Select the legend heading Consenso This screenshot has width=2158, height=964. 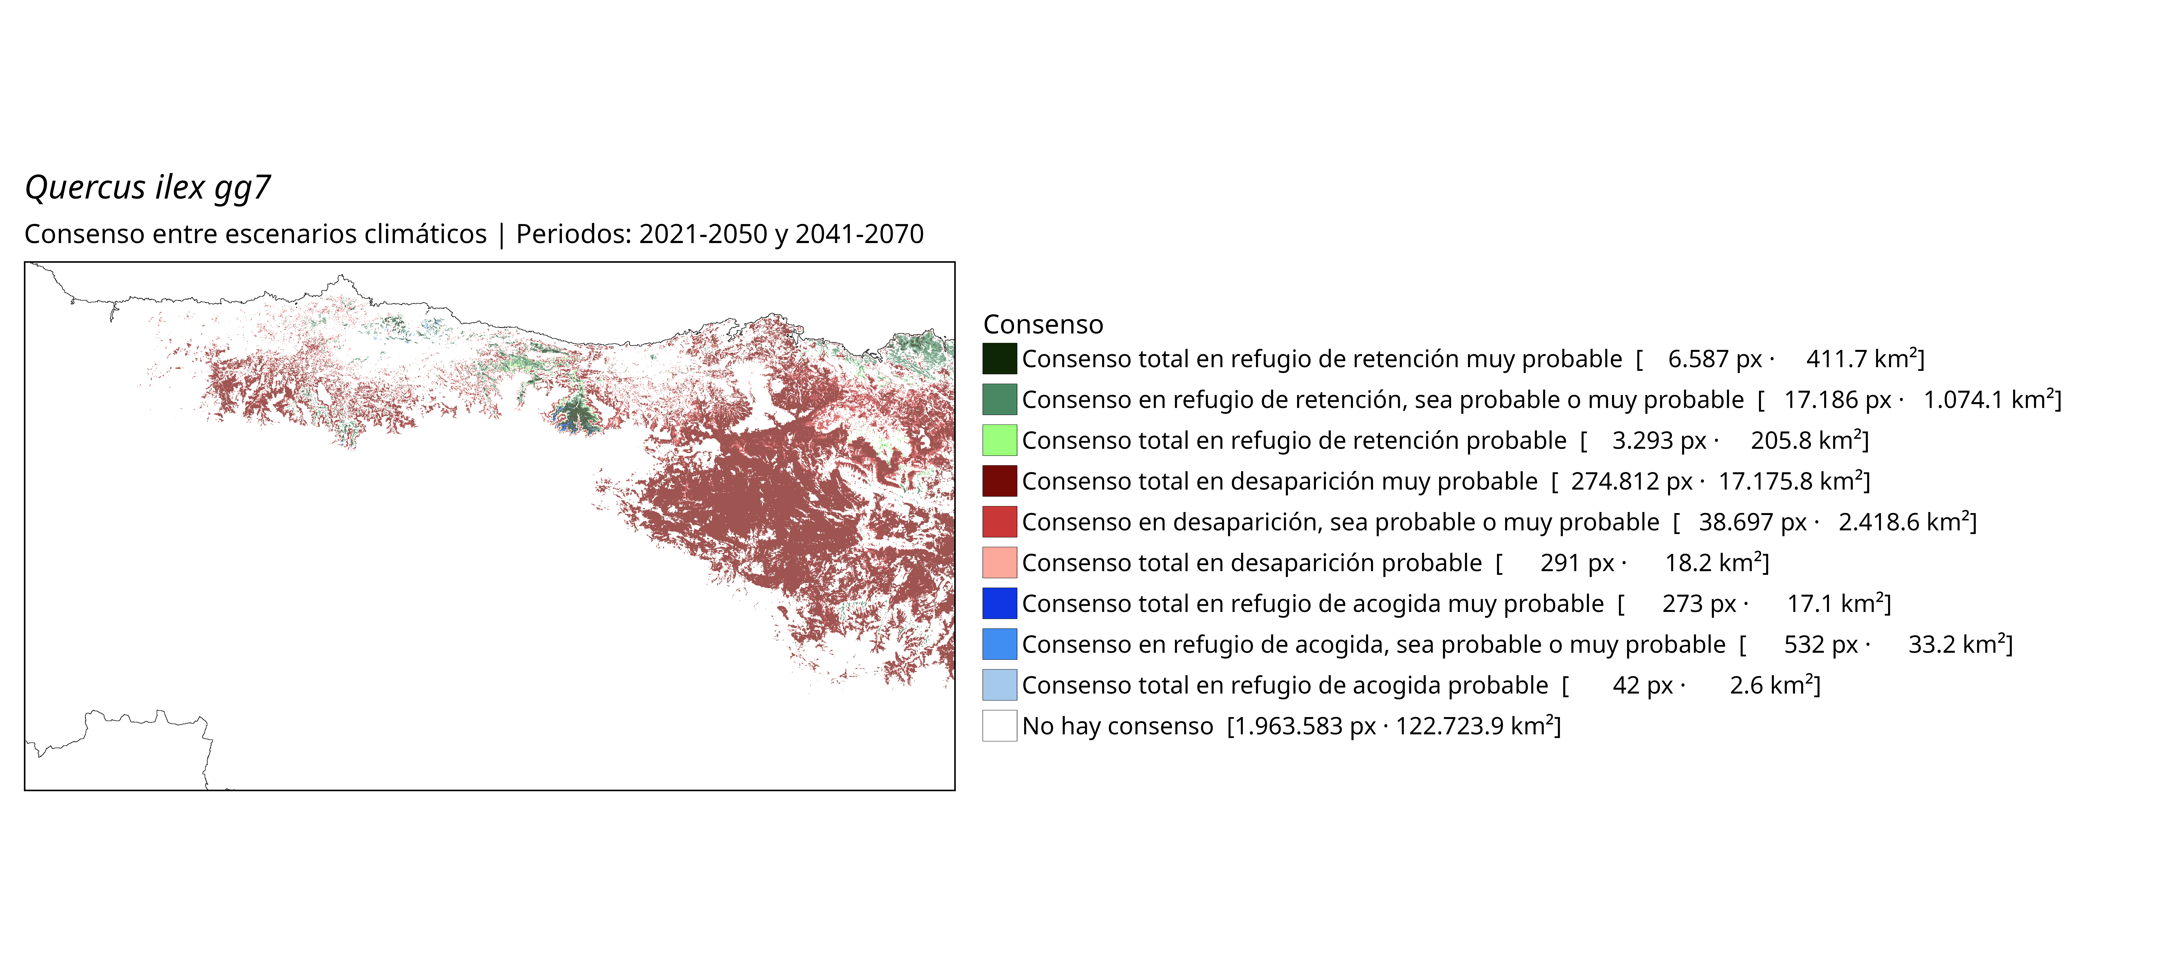click(1043, 324)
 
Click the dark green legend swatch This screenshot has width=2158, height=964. click(999, 359)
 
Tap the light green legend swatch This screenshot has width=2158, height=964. click(999, 440)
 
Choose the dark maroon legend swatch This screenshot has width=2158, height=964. click(999, 481)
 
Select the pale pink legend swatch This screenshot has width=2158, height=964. click(999, 563)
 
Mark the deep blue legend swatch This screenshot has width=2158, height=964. click(999, 604)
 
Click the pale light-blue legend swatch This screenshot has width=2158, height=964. click(999, 685)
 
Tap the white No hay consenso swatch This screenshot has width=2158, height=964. click(999, 726)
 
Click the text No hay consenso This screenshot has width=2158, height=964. click(1118, 726)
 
